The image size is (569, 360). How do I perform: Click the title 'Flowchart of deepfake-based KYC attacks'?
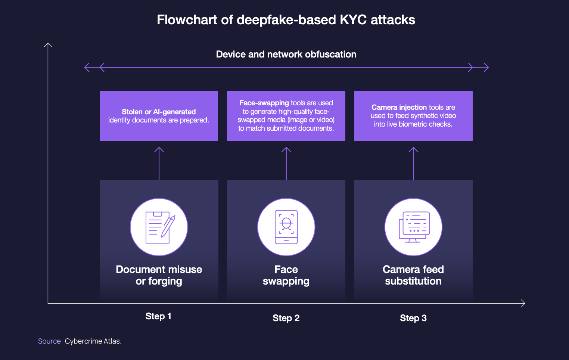point(286,20)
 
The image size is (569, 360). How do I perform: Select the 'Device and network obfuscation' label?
point(286,55)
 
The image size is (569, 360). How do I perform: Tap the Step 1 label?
point(158,316)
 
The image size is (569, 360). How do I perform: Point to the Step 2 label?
point(286,318)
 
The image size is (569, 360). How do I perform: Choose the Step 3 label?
point(413,318)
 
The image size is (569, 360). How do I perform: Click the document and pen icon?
point(159,227)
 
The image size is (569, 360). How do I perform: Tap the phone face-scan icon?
point(286,227)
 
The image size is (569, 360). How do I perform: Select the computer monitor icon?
point(413,227)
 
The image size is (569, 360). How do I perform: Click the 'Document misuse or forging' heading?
point(159,275)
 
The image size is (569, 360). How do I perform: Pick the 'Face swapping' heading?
point(286,275)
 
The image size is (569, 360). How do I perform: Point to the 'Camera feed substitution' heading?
point(413,275)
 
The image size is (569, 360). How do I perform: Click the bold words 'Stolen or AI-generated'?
point(159,112)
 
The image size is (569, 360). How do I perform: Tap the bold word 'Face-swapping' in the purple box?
point(264,103)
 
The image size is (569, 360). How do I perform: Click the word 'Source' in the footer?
point(49,341)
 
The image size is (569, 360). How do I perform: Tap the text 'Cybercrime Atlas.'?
point(93,341)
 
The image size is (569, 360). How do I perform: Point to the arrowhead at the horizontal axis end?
point(523,303)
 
